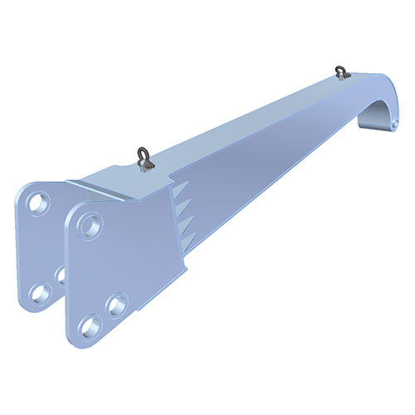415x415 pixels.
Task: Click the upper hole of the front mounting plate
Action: click(x=91, y=224)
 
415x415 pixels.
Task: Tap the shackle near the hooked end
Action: click(x=340, y=73)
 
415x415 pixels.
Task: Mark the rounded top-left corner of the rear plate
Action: click(x=27, y=186)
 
